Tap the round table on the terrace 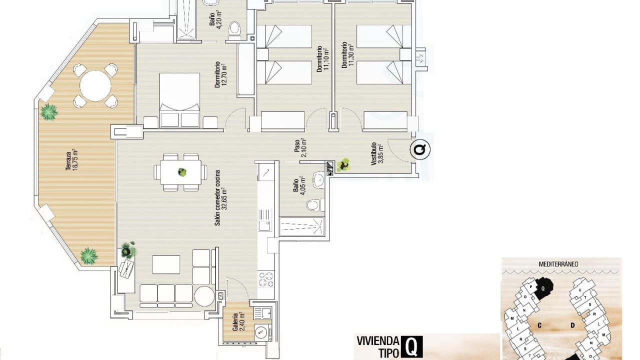[x=95, y=85]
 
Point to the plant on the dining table [x=181, y=172]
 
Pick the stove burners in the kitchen [x=266, y=278]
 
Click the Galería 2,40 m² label [x=238, y=322]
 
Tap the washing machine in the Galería [x=260, y=331]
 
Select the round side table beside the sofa [x=204, y=295]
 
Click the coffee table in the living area [x=166, y=264]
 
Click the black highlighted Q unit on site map [x=544, y=287]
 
